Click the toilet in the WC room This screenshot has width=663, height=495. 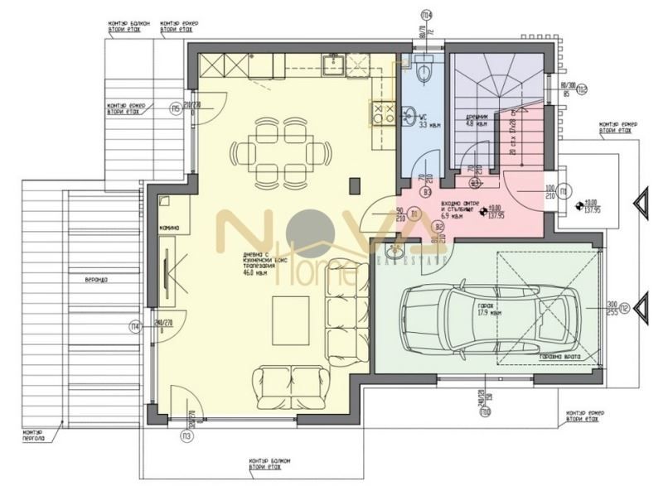coord(424,73)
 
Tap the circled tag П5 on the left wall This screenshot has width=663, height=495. coord(176,108)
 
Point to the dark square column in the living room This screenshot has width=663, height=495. coord(355,185)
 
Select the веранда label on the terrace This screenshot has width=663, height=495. coord(84,279)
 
